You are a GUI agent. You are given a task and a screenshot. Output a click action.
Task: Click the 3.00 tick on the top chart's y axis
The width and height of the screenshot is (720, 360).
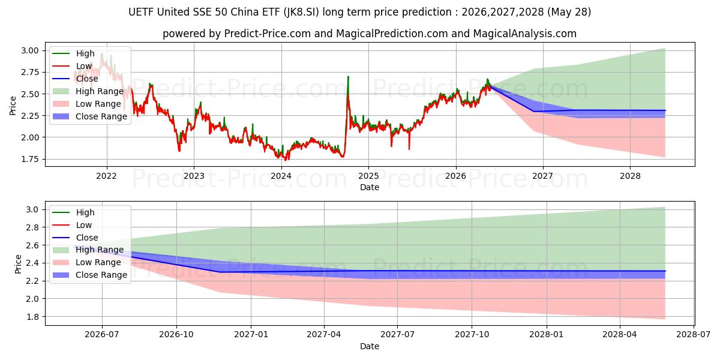[x=30, y=50]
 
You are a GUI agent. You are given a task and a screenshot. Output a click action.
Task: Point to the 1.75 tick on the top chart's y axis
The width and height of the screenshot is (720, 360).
[x=30, y=160]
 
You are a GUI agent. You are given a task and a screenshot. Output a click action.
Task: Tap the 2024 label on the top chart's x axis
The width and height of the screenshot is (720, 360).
[x=281, y=176]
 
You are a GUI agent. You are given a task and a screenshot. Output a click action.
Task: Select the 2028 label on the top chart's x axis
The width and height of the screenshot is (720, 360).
[x=630, y=176]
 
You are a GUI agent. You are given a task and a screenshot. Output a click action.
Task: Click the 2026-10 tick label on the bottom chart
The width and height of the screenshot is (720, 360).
[x=176, y=335]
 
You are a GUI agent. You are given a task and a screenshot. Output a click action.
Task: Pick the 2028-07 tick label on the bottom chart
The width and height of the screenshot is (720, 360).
[x=694, y=335]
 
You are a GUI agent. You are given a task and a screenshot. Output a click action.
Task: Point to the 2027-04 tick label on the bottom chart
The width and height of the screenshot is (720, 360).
[x=324, y=335]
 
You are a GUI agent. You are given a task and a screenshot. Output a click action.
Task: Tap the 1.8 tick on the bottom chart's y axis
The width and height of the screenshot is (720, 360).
[x=32, y=317]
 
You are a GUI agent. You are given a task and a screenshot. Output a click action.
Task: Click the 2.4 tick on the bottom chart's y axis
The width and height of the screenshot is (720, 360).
[x=32, y=263]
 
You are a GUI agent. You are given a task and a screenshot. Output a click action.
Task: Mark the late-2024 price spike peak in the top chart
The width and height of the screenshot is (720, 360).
[x=348, y=77]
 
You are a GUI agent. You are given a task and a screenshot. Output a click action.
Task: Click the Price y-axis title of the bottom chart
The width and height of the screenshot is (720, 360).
[x=18, y=264]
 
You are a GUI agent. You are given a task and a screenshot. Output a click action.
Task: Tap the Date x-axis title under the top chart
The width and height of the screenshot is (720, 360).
[x=370, y=187]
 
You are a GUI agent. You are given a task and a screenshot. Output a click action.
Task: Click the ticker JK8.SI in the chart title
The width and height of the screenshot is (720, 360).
[x=301, y=12]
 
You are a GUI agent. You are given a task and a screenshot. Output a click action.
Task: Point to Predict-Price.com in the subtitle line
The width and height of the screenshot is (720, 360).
[x=268, y=34]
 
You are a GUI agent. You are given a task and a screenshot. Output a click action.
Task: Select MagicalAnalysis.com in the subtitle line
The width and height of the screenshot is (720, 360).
[x=524, y=34]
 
